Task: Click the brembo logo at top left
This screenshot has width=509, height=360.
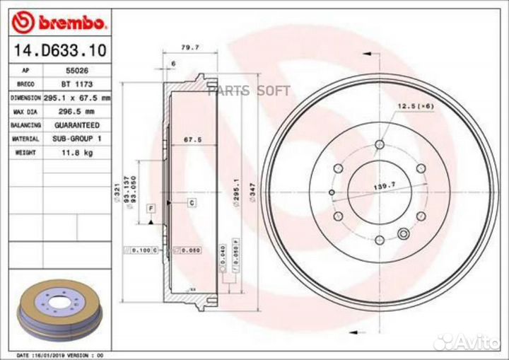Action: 59,23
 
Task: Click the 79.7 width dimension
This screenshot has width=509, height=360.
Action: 189,47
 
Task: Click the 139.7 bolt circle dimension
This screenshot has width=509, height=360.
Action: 382,187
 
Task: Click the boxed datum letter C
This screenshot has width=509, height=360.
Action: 192,203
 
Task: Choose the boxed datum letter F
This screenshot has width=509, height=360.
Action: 151,208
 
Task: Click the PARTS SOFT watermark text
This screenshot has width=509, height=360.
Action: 249,90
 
